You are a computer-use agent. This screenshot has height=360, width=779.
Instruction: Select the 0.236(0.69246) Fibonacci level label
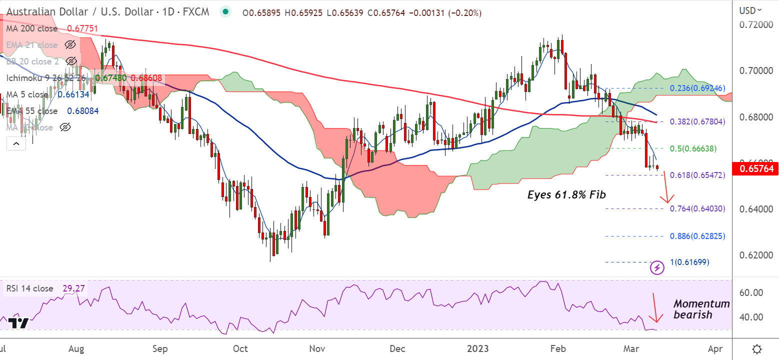coord(697,88)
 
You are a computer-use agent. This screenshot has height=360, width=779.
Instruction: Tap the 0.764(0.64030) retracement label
coord(697,208)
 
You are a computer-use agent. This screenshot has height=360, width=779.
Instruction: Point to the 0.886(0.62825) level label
coord(697,236)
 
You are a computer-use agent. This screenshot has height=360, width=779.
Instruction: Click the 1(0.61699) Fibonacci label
coord(689,262)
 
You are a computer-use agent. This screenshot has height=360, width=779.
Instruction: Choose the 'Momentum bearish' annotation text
coord(701,309)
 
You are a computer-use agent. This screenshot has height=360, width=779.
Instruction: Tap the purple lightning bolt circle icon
coord(657,268)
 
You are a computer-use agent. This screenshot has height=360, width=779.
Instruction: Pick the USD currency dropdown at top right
coord(750,10)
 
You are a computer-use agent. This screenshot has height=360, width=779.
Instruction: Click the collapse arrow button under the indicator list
coord(16,144)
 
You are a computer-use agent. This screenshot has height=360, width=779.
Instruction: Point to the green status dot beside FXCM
coord(226,12)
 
